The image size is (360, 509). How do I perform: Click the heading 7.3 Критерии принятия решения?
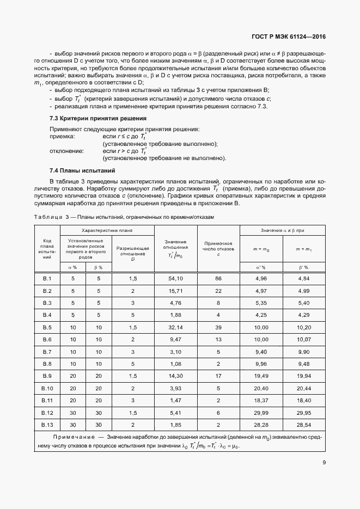point(91,118)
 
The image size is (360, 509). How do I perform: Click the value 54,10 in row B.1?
point(175,279)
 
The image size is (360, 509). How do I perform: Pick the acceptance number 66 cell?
point(218,279)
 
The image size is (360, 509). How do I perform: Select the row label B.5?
point(47,327)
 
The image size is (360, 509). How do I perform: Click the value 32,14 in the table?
point(175,327)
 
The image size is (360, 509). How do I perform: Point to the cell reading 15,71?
point(175,291)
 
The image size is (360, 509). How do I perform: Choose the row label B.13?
point(47,425)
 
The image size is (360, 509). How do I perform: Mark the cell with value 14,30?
point(175,376)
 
